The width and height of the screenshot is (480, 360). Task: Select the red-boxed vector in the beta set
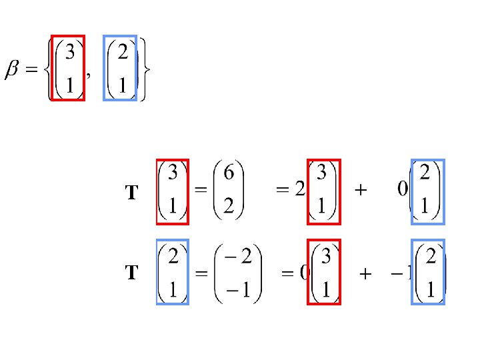(x=69, y=67)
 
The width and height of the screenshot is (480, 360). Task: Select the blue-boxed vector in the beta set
(x=120, y=67)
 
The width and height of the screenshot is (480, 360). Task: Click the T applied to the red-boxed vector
(x=132, y=193)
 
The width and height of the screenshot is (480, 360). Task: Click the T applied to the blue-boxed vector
(x=132, y=273)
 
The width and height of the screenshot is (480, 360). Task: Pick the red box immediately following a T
(x=173, y=192)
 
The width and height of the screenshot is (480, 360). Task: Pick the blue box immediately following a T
(x=173, y=272)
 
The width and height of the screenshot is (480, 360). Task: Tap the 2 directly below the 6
(x=228, y=208)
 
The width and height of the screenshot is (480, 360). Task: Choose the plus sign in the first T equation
(x=360, y=191)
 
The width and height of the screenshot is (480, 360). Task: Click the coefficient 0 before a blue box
(x=402, y=191)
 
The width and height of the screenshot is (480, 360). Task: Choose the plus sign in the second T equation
(x=365, y=273)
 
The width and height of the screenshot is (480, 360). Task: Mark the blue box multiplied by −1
(x=428, y=272)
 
